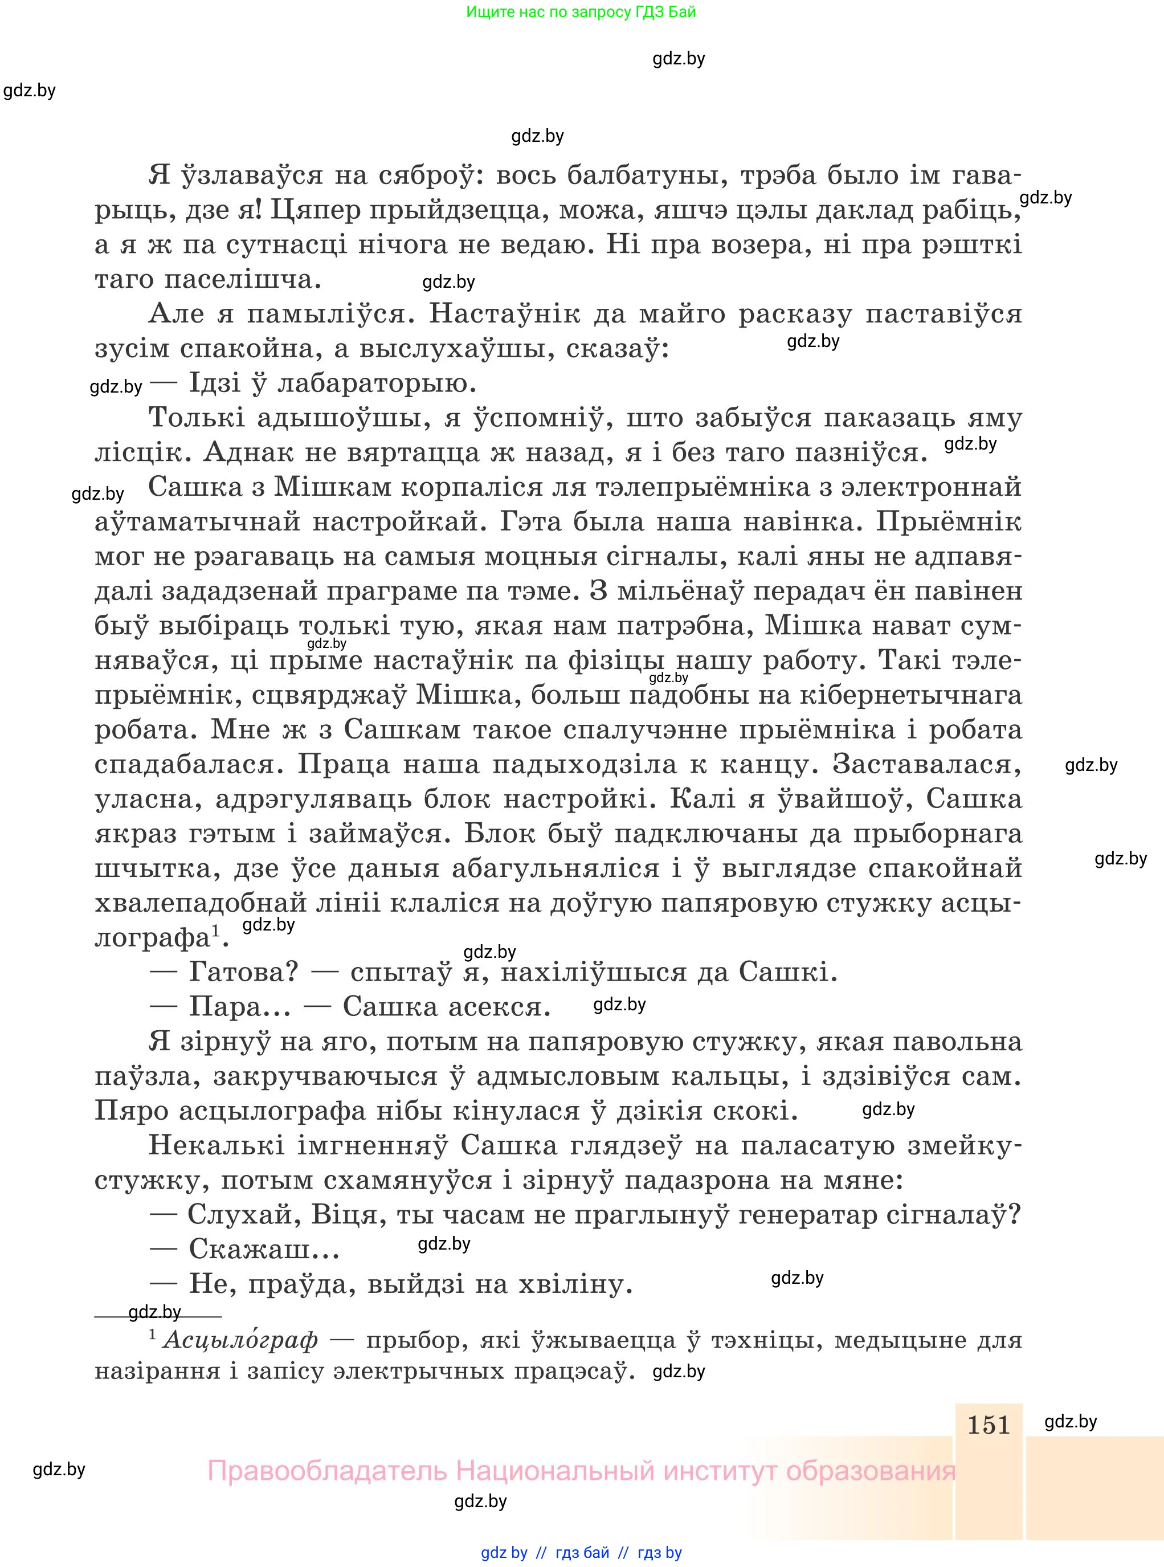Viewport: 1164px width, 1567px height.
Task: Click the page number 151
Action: pyautogui.click(x=989, y=1425)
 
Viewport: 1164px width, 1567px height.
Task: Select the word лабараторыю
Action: pyautogui.click(x=378, y=384)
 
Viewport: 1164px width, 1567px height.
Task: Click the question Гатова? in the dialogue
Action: pyautogui.click(x=244, y=973)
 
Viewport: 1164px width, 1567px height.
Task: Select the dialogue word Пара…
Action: pyautogui.click(x=239, y=1007)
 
